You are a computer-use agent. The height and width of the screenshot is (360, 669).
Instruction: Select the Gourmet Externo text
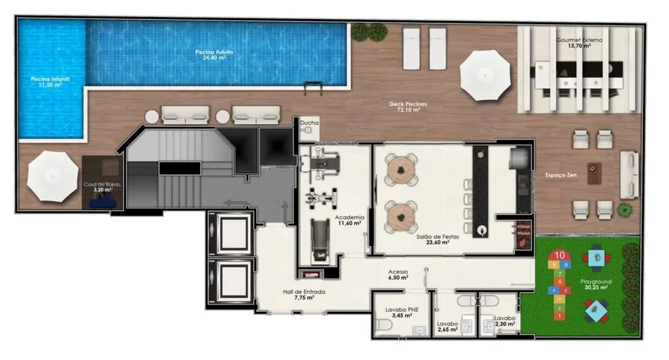pyautogui.click(x=580, y=40)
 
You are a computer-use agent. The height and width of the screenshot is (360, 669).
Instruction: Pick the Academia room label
pyautogui.click(x=349, y=217)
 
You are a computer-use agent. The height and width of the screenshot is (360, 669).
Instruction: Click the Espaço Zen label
pyautogui.click(x=560, y=176)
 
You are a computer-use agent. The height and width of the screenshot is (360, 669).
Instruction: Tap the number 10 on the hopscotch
pyautogui.click(x=559, y=255)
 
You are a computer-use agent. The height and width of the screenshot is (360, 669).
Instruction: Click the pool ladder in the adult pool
pyautogui.click(x=312, y=88)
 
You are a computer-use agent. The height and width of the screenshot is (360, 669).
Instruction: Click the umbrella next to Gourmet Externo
pyautogui.click(x=485, y=75)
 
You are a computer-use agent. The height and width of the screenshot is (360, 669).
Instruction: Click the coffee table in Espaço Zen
pyautogui.click(x=594, y=173)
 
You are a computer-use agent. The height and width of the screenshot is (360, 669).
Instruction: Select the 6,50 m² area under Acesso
pyautogui.click(x=398, y=278)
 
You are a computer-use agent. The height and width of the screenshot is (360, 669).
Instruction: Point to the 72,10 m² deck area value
pyautogui.click(x=409, y=110)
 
